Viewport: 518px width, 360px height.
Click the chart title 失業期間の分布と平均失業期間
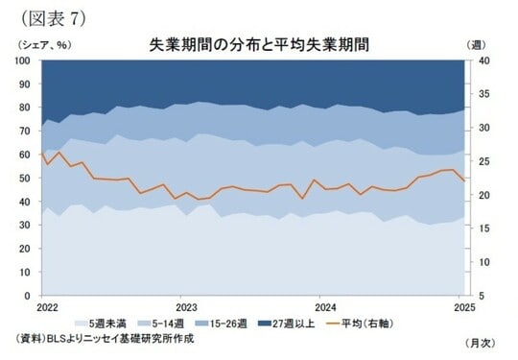(258, 44)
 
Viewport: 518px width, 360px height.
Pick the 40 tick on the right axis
(478, 60)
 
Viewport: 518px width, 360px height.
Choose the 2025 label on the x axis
(464, 307)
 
